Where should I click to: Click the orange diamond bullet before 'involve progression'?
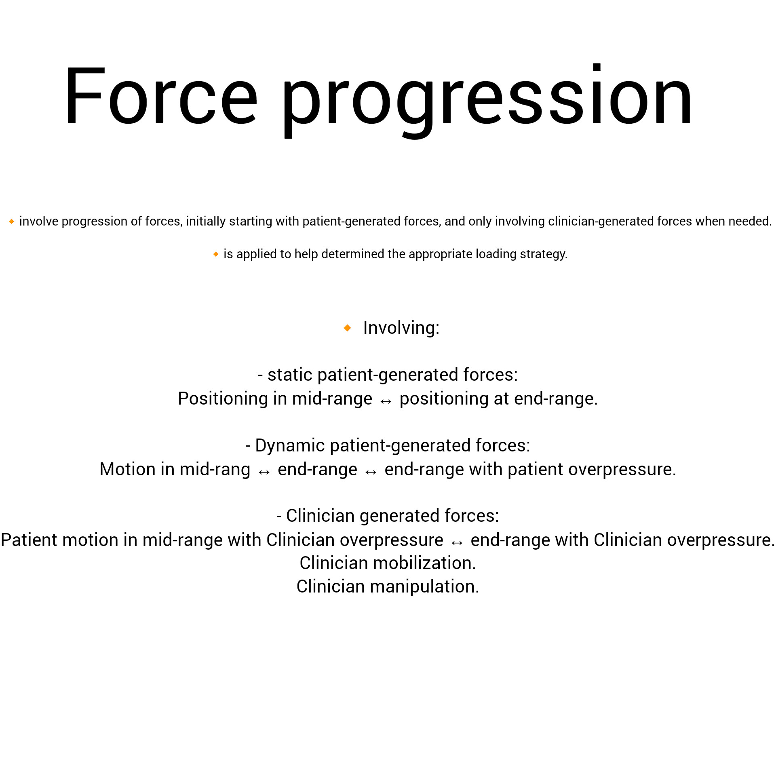pos(12,221)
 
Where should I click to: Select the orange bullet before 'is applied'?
pos(216,254)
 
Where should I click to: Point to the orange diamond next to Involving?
pos(347,328)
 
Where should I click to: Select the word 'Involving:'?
pos(401,328)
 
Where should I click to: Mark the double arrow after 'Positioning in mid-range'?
pos(386,401)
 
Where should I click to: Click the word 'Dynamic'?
pos(290,445)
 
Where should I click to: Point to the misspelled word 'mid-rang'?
pos(215,470)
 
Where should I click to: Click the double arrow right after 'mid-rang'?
pos(264,472)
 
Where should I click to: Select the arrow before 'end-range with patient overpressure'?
pos(371,472)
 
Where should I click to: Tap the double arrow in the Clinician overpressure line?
pos(457,542)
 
